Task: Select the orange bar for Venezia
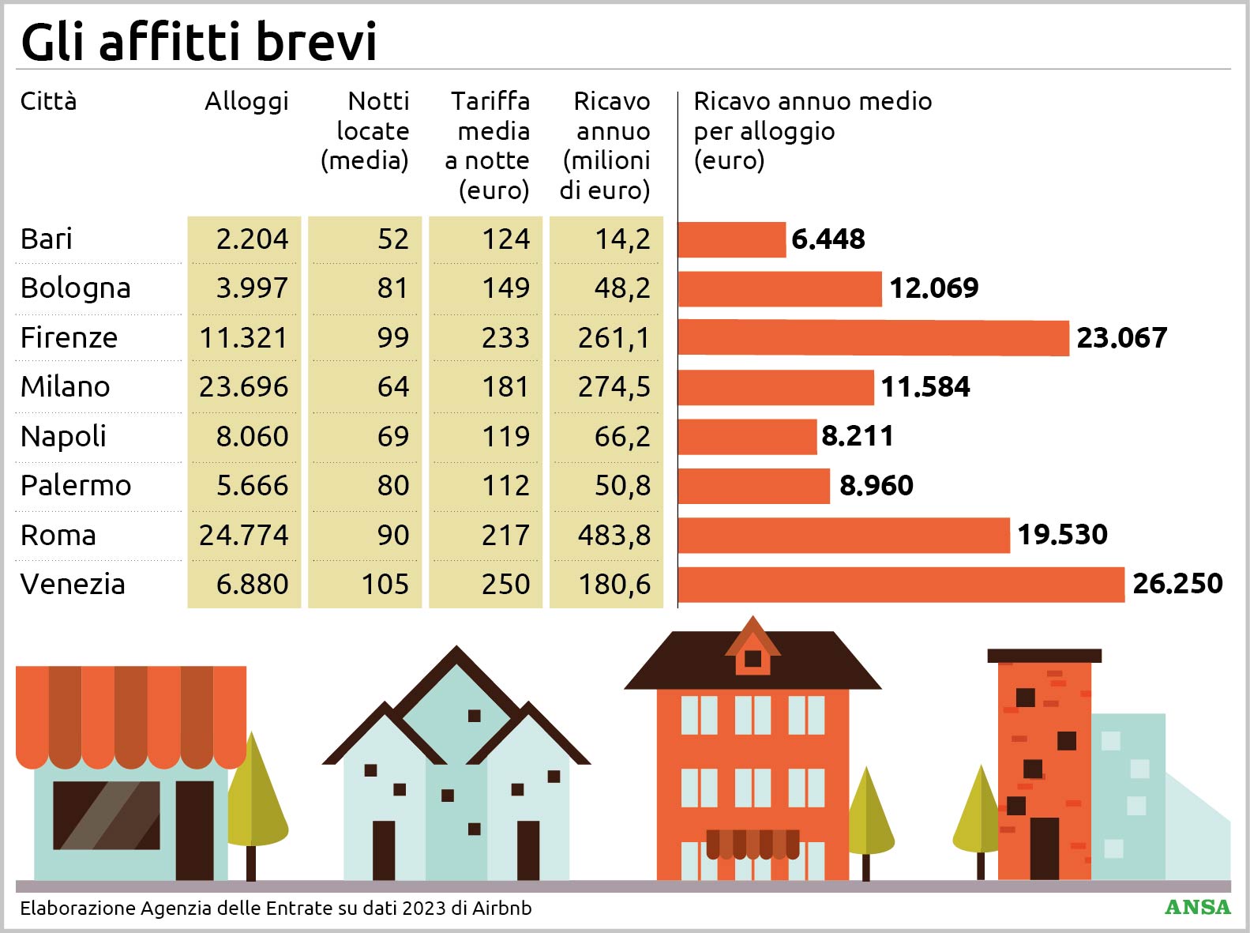(900, 585)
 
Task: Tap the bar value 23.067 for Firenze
(1121, 338)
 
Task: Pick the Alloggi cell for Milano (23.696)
(244, 387)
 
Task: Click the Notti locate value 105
(385, 585)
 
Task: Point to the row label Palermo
(76, 486)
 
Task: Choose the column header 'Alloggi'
(246, 101)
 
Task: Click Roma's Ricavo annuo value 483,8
(614, 536)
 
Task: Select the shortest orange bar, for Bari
(732, 239)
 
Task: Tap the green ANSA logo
(1197, 907)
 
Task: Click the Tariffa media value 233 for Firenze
(505, 338)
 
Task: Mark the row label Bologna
(76, 288)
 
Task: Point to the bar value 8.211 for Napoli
(858, 436)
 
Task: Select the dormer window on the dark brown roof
(753, 658)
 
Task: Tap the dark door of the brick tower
(1044, 848)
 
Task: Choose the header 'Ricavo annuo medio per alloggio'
(812, 116)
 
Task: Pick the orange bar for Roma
(843, 536)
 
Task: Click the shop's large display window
(107, 815)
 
